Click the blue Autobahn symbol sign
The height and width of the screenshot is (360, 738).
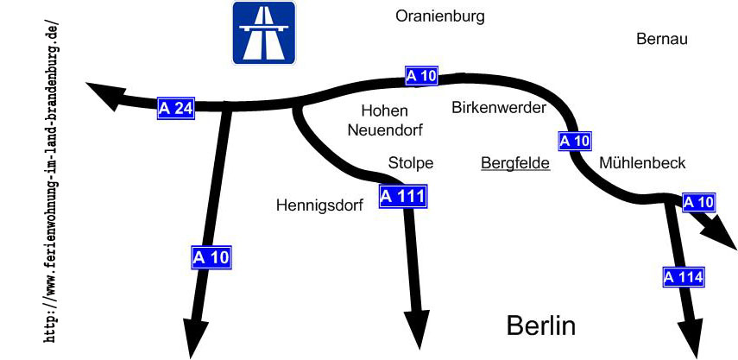263,33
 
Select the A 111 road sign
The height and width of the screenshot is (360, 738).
403,196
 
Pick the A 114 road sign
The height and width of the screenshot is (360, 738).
684,277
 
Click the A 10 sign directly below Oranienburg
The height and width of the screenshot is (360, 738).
422,77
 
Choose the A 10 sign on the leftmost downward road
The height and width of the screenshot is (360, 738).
211,256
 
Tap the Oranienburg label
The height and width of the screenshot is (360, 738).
440,16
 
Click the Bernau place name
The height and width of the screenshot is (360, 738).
663,39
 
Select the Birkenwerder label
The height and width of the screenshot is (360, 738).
499,108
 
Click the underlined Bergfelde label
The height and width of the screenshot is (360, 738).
515,162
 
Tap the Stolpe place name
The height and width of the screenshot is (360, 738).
411,162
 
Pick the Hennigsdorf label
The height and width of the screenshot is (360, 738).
320,205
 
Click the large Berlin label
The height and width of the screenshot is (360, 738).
540,325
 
